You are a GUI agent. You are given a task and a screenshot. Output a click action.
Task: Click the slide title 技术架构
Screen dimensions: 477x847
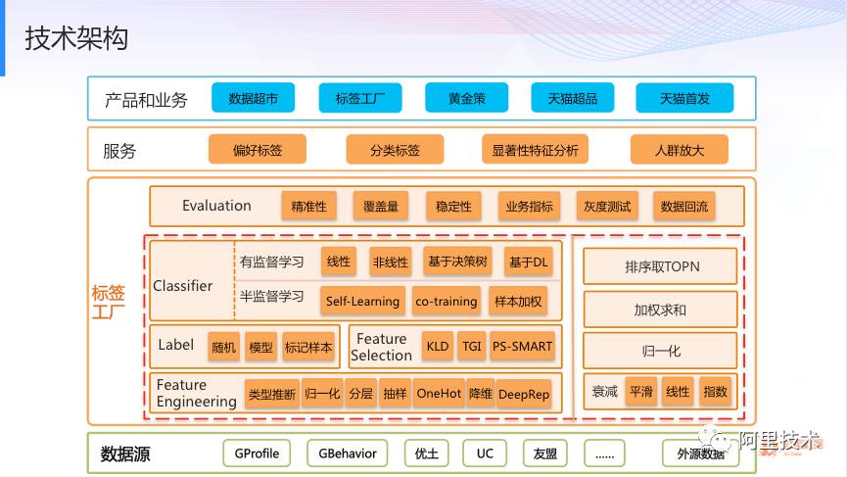pyautogui.click(x=76, y=39)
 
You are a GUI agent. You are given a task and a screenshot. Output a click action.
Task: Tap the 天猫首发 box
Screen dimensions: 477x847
pyautogui.click(x=684, y=98)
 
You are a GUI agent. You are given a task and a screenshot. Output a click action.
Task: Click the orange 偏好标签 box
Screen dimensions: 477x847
pyautogui.click(x=257, y=150)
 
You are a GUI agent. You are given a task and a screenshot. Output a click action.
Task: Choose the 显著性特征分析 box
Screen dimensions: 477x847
pyautogui.click(x=535, y=150)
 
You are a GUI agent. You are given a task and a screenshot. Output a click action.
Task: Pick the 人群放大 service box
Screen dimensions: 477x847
pyautogui.click(x=680, y=150)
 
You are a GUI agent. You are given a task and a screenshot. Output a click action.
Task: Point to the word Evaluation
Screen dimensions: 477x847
pyautogui.click(x=216, y=206)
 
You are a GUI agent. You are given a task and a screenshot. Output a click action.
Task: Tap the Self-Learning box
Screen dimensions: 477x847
pyautogui.click(x=362, y=301)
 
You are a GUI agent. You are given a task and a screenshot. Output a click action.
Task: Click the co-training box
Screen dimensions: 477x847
pyautogui.click(x=446, y=301)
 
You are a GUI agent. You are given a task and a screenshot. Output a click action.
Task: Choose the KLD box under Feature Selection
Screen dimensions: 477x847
pyautogui.click(x=437, y=346)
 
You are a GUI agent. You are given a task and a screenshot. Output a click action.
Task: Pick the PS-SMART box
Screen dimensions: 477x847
pyautogui.click(x=522, y=346)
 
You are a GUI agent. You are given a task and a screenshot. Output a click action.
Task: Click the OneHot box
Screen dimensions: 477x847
pyautogui.click(x=438, y=394)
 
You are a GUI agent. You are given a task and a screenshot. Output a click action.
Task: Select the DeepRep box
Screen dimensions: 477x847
pyautogui.click(x=524, y=394)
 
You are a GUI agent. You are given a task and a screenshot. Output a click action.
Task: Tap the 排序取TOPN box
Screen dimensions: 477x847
pyautogui.click(x=661, y=265)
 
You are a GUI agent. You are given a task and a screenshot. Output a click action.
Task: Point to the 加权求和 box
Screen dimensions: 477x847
pyautogui.click(x=661, y=310)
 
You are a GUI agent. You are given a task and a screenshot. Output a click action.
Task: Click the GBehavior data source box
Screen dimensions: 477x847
pyautogui.click(x=347, y=453)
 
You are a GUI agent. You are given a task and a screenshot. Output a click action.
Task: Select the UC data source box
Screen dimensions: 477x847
pyautogui.click(x=485, y=453)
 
